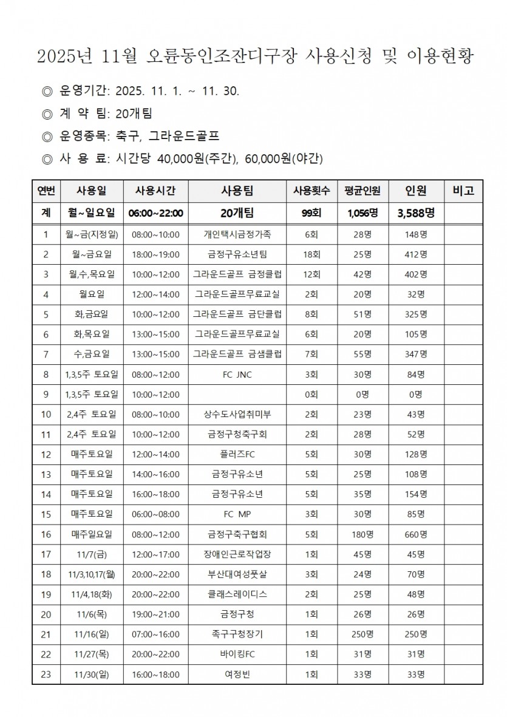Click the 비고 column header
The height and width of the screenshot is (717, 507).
point(463,191)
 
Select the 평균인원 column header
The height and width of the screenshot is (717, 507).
point(362,191)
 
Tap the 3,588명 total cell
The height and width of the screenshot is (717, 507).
point(416,213)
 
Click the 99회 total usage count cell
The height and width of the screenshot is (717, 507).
point(311,213)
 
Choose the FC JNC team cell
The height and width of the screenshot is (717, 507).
point(237,375)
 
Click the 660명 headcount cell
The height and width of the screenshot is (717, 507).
point(416,535)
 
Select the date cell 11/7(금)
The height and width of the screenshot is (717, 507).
point(91,555)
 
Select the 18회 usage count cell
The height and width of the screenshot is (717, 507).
point(311,254)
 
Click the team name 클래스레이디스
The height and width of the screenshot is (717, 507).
point(237,595)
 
